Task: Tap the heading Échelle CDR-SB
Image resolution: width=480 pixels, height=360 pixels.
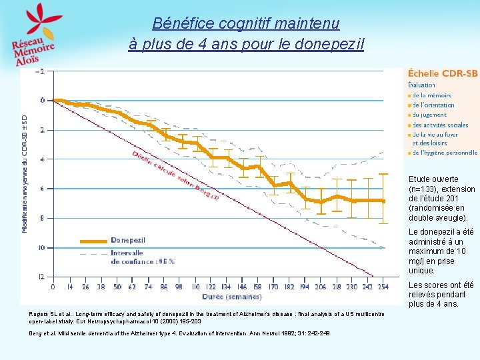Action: coord(442,73)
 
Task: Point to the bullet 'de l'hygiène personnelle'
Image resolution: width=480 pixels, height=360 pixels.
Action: coord(444,152)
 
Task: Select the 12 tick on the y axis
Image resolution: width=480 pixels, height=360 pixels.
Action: coord(41,276)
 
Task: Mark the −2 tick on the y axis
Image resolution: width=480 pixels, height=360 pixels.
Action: coord(41,71)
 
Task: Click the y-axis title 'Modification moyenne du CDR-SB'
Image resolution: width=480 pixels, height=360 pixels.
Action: coord(25,173)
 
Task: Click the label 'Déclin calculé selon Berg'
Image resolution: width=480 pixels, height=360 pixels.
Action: coord(175,175)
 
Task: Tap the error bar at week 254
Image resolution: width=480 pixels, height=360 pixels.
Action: coord(383,198)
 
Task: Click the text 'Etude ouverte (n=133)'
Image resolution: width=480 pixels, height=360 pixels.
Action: coord(433,184)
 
